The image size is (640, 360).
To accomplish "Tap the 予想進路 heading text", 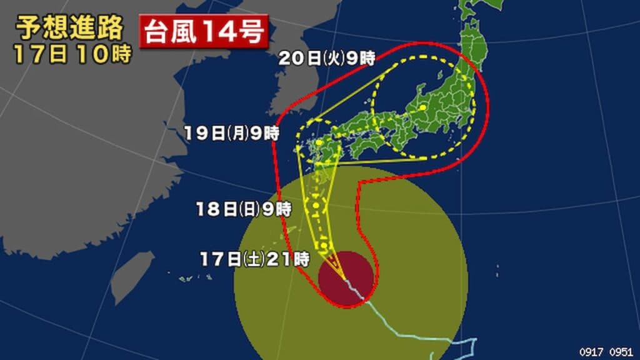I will click(69, 28).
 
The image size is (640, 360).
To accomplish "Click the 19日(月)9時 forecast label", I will click(232, 132).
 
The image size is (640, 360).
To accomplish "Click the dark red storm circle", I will click(347, 279).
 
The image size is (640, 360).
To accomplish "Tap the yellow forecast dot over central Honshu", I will click(422, 107).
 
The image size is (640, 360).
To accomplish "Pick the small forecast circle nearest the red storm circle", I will click(324, 244).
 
